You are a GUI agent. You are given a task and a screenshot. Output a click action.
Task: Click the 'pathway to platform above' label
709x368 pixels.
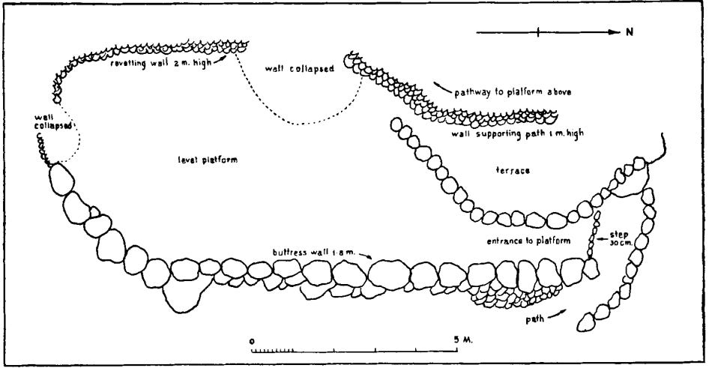(x=514, y=92)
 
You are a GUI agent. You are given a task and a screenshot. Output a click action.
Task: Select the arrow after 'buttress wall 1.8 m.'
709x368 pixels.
(x=365, y=256)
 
